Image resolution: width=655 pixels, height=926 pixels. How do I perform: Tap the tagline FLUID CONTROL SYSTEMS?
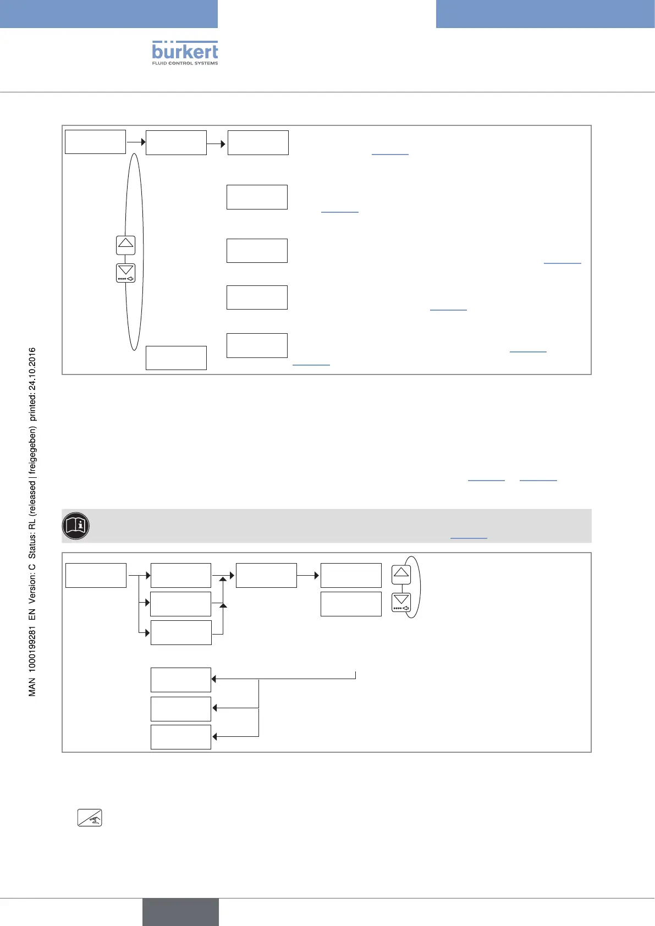185,63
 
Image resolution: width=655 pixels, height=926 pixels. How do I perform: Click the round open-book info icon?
76,526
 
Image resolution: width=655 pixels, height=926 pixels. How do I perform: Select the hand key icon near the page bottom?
90,818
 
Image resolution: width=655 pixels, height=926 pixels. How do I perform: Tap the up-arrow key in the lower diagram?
401,574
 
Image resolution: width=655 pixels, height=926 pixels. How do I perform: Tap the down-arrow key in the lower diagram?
401,602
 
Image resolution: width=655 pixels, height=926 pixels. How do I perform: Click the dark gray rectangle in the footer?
180,912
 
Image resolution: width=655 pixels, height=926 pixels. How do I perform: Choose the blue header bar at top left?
109,14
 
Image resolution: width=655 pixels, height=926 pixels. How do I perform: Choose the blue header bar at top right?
545,14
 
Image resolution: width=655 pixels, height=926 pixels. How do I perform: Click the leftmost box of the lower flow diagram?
96,575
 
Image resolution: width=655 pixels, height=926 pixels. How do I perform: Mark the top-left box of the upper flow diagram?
95,142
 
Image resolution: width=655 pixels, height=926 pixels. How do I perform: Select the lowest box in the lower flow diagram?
181,737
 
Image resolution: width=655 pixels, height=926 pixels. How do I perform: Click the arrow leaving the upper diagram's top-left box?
136,142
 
